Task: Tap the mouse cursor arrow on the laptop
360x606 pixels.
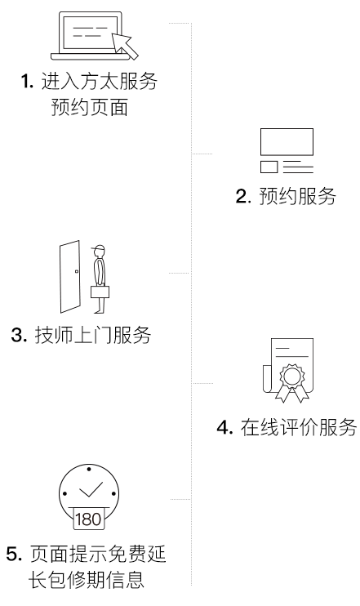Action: [x=125, y=46]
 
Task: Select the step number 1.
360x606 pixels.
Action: [x=27, y=82]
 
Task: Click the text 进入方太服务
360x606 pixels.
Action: [x=100, y=81]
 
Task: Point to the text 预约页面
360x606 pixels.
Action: [x=90, y=107]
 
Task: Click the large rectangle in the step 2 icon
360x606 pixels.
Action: [x=287, y=142]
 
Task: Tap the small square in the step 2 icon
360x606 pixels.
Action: [x=269, y=167]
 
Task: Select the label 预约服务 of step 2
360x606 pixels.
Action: [x=297, y=196]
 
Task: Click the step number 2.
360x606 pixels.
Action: [x=243, y=196]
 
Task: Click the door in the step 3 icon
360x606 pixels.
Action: [x=70, y=277]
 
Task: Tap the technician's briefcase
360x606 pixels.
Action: [x=100, y=292]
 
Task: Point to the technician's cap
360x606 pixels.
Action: [x=98, y=248]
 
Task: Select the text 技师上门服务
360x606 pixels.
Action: [x=93, y=335]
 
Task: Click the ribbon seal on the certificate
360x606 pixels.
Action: [x=292, y=382]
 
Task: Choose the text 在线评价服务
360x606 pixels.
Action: [x=299, y=427]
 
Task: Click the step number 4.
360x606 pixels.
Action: [x=224, y=428]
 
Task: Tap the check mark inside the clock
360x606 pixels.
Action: [x=91, y=489]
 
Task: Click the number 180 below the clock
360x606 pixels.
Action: [x=88, y=519]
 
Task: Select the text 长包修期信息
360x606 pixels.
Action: [x=87, y=580]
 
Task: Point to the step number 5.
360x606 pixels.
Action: [x=15, y=555]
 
